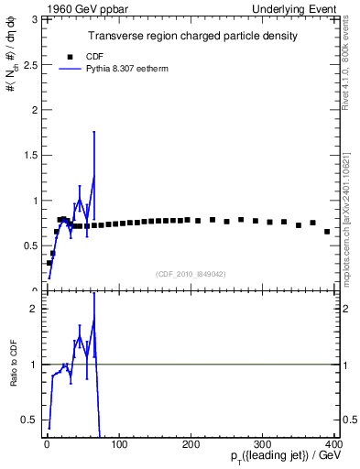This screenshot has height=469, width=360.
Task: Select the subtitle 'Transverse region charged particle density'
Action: tap(192, 36)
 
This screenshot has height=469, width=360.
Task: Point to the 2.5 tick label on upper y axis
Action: tap(28, 64)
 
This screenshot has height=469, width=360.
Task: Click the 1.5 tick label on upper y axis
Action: tap(28, 155)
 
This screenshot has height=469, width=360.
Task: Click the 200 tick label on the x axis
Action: tap(191, 444)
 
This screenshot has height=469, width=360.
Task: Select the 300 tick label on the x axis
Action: tap(263, 444)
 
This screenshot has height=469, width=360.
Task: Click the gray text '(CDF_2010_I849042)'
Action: tap(191, 273)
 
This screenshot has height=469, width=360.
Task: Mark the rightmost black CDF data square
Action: tap(327, 232)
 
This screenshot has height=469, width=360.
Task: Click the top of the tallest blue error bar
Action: tap(93, 131)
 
